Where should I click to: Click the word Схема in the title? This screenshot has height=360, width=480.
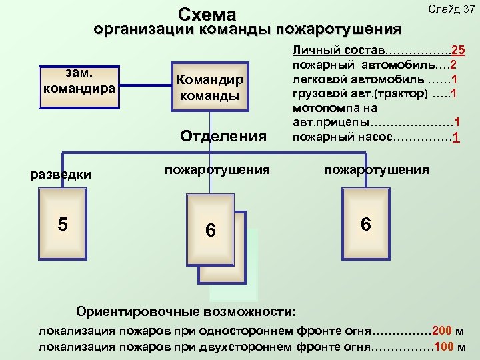click(x=208, y=15)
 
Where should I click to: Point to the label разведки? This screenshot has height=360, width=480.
click(x=61, y=174)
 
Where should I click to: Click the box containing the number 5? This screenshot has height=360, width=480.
click(x=63, y=223)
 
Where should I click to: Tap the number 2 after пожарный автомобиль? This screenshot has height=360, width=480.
click(x=453, y=65)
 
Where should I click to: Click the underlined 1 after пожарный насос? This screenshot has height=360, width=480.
click(x=455, y=137)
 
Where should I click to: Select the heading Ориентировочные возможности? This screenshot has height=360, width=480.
click(x=187, y=311)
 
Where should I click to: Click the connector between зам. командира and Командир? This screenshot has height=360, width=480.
click(x=145, y=85)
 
